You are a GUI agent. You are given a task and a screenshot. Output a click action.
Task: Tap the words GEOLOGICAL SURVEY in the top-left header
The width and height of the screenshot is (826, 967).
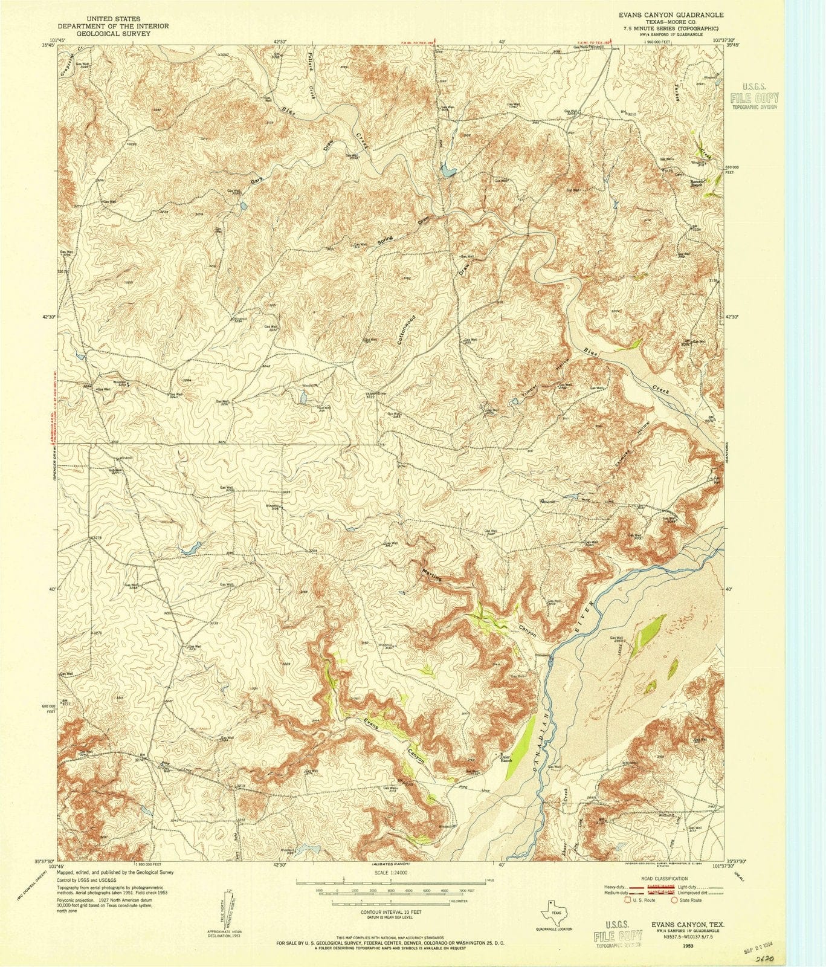tap(112, 34)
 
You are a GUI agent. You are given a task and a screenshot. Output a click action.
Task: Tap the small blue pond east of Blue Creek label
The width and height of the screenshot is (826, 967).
tap(448, 172)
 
